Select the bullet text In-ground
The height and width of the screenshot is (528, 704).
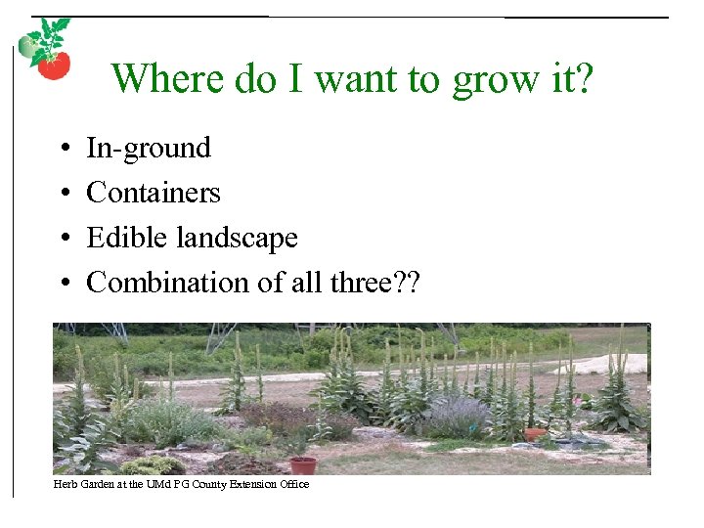click(x=149, y=148)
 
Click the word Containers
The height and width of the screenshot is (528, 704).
click(x=154, y=193)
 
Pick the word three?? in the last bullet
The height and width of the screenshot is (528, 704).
click(x=382, y=283)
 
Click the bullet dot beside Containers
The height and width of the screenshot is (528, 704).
click(x=63, y=194)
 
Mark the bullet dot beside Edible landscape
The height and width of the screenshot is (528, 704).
click(x=63, y=239)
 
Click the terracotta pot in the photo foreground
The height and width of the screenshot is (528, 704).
click(x=303, y=464)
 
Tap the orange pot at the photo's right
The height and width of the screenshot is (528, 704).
click(x=535, y=434)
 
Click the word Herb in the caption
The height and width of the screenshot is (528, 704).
click(x=65, y=484)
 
